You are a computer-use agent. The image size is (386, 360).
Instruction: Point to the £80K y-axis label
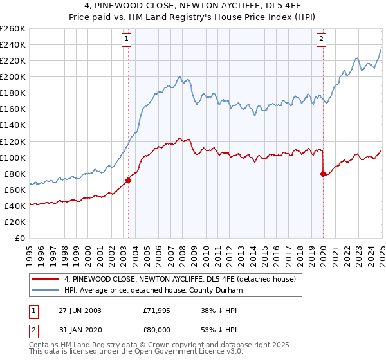pos(15,174)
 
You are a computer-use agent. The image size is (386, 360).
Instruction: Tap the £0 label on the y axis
pos(21,238)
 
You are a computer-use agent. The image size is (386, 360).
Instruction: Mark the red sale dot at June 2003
pos(128,180)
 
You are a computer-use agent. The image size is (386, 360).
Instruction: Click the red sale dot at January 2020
pos(322,174)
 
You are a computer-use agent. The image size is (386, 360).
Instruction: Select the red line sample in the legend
pos(46,279)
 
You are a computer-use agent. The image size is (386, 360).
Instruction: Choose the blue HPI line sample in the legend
pos(46,290)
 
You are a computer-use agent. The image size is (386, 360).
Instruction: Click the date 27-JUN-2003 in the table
pos(76,310)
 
